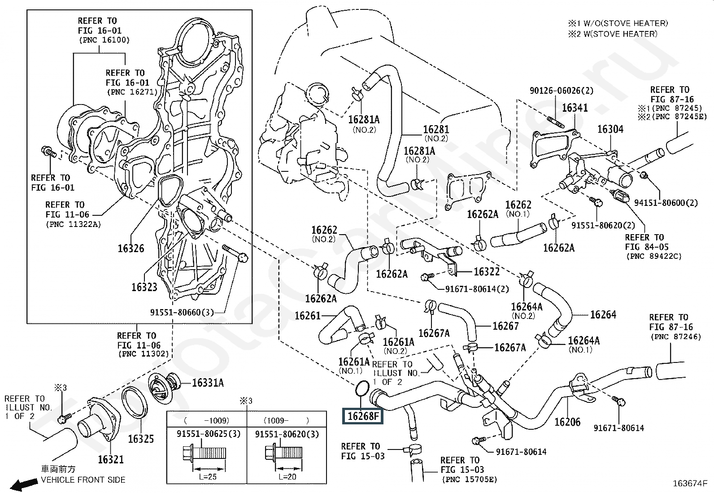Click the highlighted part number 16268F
coord(363,416)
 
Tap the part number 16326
coord(131,248)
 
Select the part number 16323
coord(144,287)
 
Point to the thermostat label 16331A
coord(208,383)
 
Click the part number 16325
coord(141,439)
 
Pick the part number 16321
coord(111,459)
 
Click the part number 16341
coord(575,108)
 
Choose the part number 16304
coord(610,129)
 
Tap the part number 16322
coord(487,271)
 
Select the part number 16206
coord(567,422)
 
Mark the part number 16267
coord(505,326)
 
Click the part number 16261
coord(308,316)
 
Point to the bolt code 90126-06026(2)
coord(561,91)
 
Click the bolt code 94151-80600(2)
coord(666,203)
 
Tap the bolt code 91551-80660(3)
coord(182,312)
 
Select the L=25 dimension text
coord(207,476)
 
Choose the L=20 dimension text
coord(287,476)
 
